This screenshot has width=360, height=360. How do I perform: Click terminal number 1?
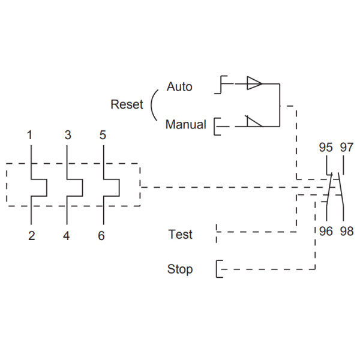pyautogui.click(x=29, y=135)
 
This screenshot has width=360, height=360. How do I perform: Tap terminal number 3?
pyautogui.click(x=68, y=135)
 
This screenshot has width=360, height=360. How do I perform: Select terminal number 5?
pyautogui.click(x=103, y=135)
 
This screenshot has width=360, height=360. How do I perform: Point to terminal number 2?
pyautogui.click(x=31, y=236)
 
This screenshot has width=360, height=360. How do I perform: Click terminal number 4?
pyautogui.click(x=67, y=236)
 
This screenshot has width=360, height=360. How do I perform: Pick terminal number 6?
pyautogui.click(x=101, y=236)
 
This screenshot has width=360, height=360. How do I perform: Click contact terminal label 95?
pyautogui.click(x=326, y=147)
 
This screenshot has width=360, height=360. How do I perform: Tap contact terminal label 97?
pyautogui.click(x=347, y=147)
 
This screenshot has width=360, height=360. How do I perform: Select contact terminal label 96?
pyautogui.click(x=326, y=231)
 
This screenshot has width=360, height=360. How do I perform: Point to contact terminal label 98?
pyautogui.click(x=347, y=231)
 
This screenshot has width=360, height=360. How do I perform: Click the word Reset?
pyautogui.click(x=127, y=104)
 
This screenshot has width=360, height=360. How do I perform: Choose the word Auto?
pyautogui.click(x=179, y=86)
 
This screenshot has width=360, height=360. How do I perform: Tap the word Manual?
pyautogui.click(x=185, y=125)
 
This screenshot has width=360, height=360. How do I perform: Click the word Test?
pyautogui.click(x=180, y=235)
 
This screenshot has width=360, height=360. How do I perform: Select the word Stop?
pyautogui.click(x=180, y=269)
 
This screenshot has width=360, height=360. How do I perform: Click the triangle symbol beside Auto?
pyautogui.click(x=254, y=84)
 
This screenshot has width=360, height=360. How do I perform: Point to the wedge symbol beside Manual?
pyautogui.click(x=254, y=122)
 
